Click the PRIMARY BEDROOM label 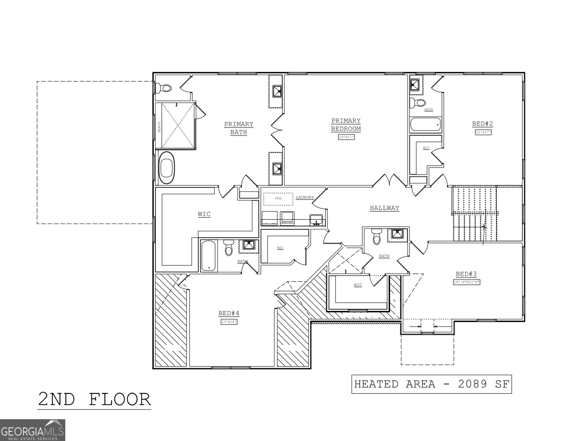346,125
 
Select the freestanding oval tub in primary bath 167,168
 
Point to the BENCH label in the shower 159,127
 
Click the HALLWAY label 384,208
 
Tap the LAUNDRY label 305,198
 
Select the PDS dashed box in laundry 279,198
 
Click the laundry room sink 316,220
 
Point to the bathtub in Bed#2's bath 425,125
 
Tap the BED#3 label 466,274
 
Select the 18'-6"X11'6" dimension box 466,282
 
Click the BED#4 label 229,313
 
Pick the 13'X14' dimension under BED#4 229,322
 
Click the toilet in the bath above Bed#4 229,248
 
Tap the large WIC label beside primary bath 204,214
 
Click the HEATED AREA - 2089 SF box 431,384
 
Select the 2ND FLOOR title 94,399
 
